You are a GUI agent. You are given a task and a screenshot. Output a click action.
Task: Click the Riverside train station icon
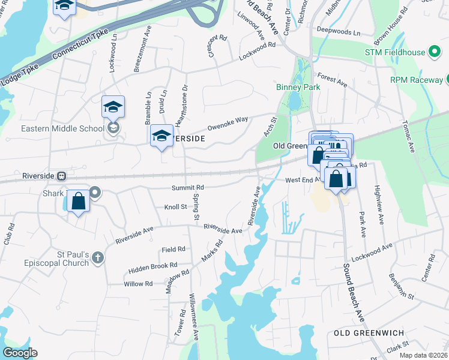pyautogui.click(x=61, y=176)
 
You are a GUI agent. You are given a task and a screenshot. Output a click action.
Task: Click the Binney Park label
pyautogui.click(x=298, y=87)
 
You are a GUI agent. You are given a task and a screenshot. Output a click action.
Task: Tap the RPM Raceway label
pyautogui.click(x=416, y=79)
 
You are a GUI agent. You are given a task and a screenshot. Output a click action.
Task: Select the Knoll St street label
pyautogui.click(x=176, y=207)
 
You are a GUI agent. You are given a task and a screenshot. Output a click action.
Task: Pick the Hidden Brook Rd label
pyautogui.click(x=153, y=265)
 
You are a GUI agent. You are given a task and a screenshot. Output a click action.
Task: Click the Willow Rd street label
pyautogui.click(x=138, y=283)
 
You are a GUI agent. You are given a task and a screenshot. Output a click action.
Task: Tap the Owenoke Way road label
pyautogui.click(x=228, y=124)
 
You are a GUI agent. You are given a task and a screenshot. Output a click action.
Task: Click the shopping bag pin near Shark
pyautogui.click(x=79, y=202)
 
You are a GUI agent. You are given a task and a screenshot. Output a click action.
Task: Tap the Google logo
pyautogui.click(x=20, y=353)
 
